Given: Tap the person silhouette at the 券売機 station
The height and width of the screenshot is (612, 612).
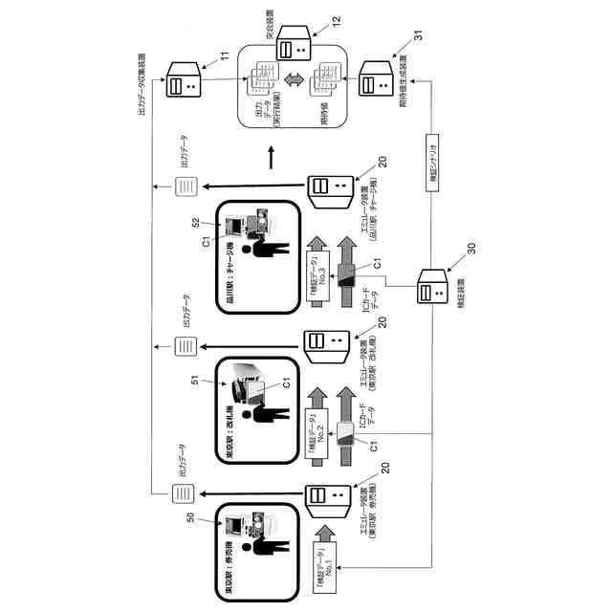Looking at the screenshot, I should [263, 544].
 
